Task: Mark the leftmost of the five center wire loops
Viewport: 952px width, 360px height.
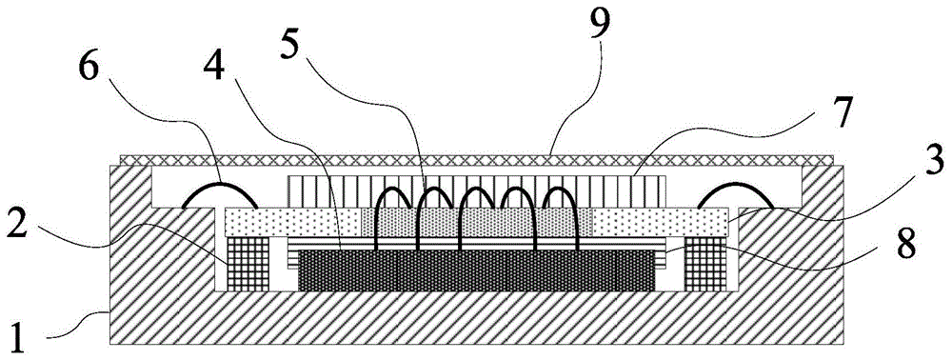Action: [391, 202]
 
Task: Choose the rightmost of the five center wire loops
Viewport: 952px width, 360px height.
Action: [560, 202]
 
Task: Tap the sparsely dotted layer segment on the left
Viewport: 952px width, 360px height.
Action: [286, 222]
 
